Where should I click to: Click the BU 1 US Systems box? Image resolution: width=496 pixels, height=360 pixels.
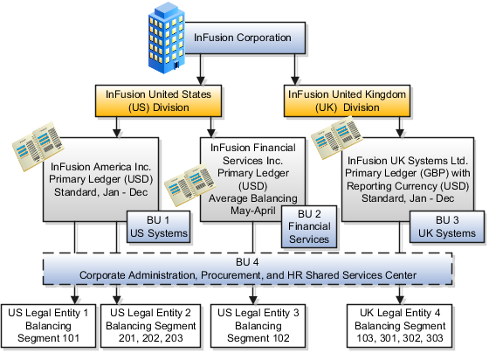pyautogui.click(x=159, y=226)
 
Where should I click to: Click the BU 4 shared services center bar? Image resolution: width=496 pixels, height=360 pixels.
pyautogui.click(x=249, y=269)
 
